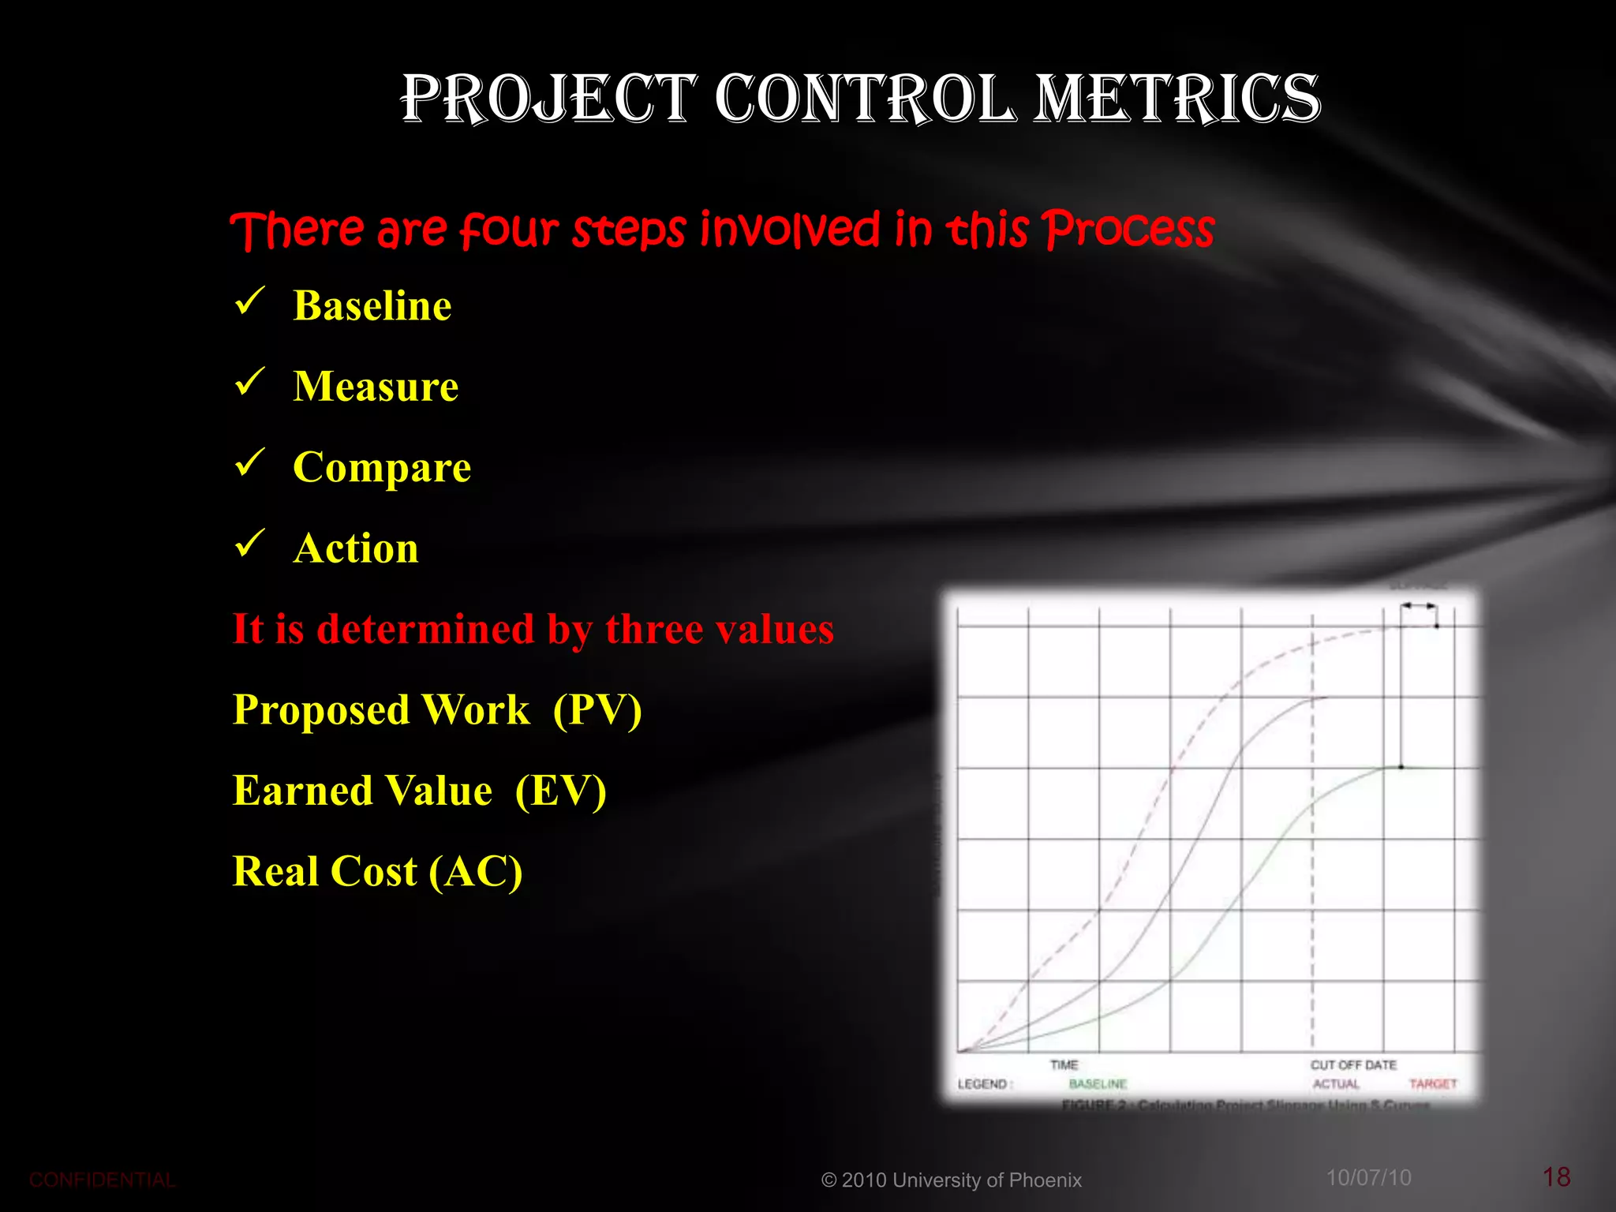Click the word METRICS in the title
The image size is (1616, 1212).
click(x=1177, y=99)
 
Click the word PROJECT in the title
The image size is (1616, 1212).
click(x=549, y=99)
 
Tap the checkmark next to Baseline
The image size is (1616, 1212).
click(x=249, y=301)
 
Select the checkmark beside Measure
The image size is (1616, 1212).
click(x=249, y=382)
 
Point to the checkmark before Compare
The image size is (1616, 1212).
click(x=249, y=463)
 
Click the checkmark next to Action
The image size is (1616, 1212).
click(x=249, y=544)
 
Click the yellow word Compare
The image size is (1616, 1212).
click(x=382, y=467)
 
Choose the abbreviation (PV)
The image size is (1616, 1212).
click(x=597, y=709)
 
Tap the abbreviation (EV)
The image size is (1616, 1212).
click(x=560, y=791)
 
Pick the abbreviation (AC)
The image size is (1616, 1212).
click(x=476, y=872)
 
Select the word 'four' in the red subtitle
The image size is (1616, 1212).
click(x=509, y=230)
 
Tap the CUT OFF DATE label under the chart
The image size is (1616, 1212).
click(x=1353, y=1065)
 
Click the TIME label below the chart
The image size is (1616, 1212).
click(x=1064, y=1065)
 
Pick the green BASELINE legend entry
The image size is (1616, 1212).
click(x=1098, y=1084)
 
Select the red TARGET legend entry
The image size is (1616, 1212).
click(x=1433, y=1084)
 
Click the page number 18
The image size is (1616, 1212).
click(x=1556, y=1177)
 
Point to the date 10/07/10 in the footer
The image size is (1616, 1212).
click(x=1368, y=1178)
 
